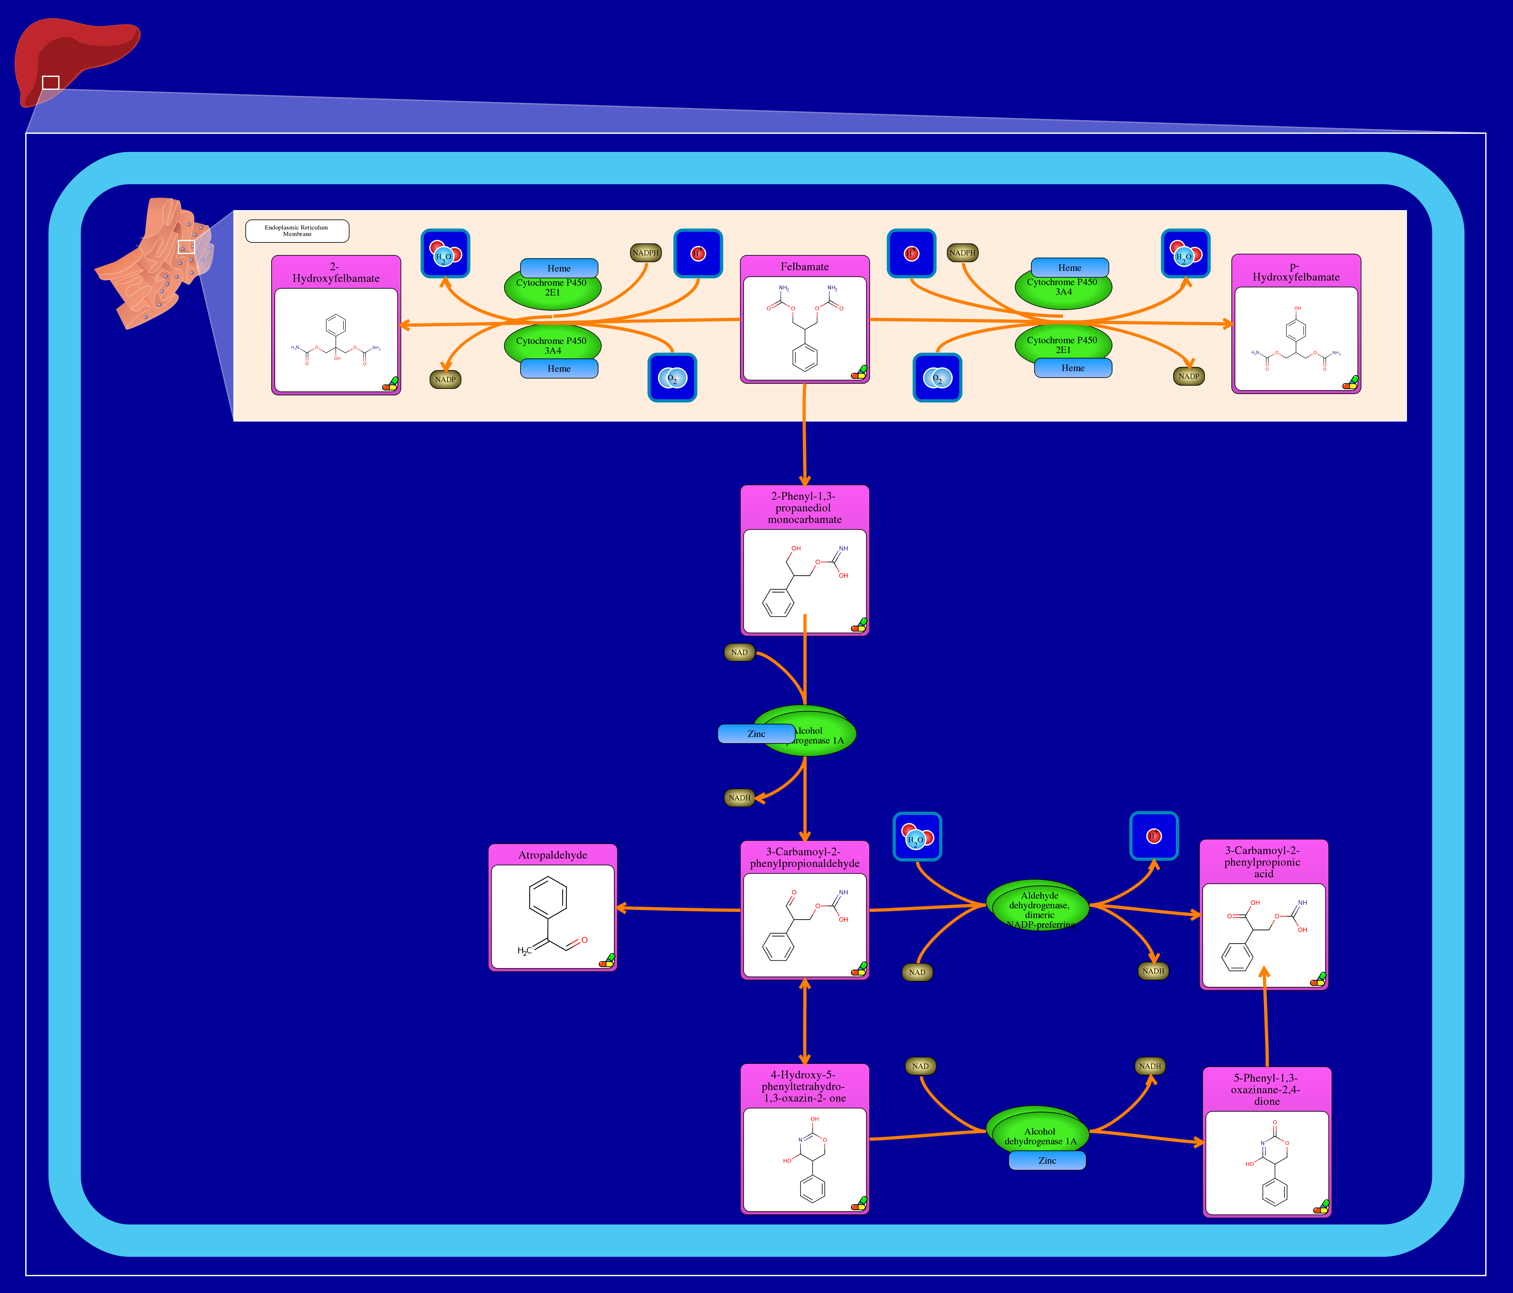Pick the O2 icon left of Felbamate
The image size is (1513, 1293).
tap(672, 378)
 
